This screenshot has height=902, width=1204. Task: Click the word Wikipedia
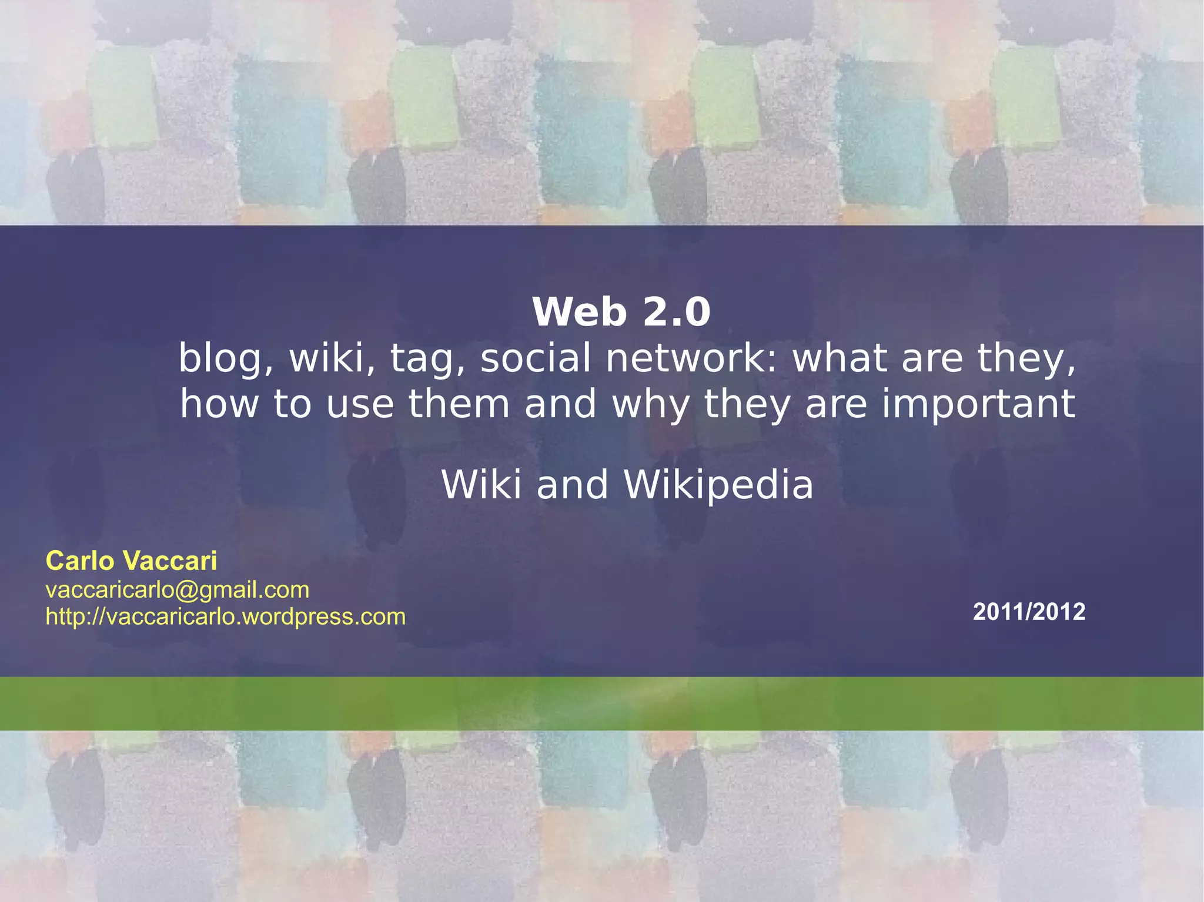pyautogui.click(x=718, y=485)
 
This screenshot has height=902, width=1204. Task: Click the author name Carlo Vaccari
pyautogui.click(x=131, y=561)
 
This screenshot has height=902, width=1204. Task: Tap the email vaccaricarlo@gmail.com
pyautogui.click(x=178, y=589)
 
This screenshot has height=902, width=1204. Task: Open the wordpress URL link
pyautogui.click(x=226, y=616)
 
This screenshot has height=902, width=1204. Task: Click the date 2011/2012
pyautogui.click(x=1029, y=612)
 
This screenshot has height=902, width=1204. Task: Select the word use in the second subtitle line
pyautogui.click(x=360, y=404)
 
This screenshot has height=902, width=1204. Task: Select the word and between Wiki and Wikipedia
pyautogui.click(x=572, y=485)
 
